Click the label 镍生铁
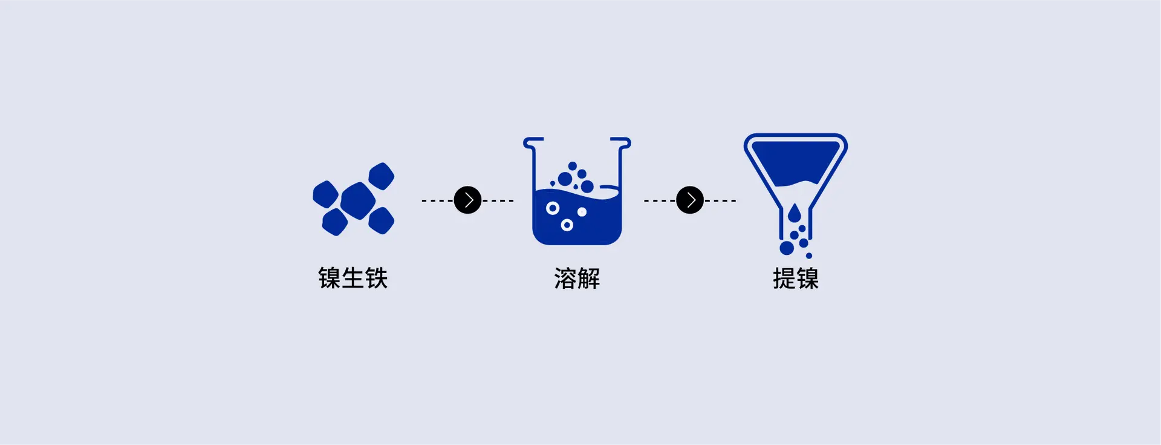point(353,279)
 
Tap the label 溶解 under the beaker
point(577,279)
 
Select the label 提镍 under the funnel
point(795,279)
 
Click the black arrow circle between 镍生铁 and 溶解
point(467,200)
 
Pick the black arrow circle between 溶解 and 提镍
point(690,200)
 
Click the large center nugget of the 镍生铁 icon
point(358,200)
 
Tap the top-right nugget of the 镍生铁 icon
point(382,176)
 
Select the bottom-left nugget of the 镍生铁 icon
point(335,222)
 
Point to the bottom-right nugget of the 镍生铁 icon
point(382,220)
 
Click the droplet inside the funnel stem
point(794,214)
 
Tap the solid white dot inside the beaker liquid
point(582,212)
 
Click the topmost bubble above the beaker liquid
point(572,166)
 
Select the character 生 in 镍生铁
point(353,279)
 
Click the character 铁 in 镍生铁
point(376,279)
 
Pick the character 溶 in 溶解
point(565,279)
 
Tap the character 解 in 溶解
point(588,279)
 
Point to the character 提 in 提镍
point(784,279)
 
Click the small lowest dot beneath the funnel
point(809,255)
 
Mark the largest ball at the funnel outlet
point(787,248)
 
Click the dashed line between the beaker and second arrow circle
point(659,200)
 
